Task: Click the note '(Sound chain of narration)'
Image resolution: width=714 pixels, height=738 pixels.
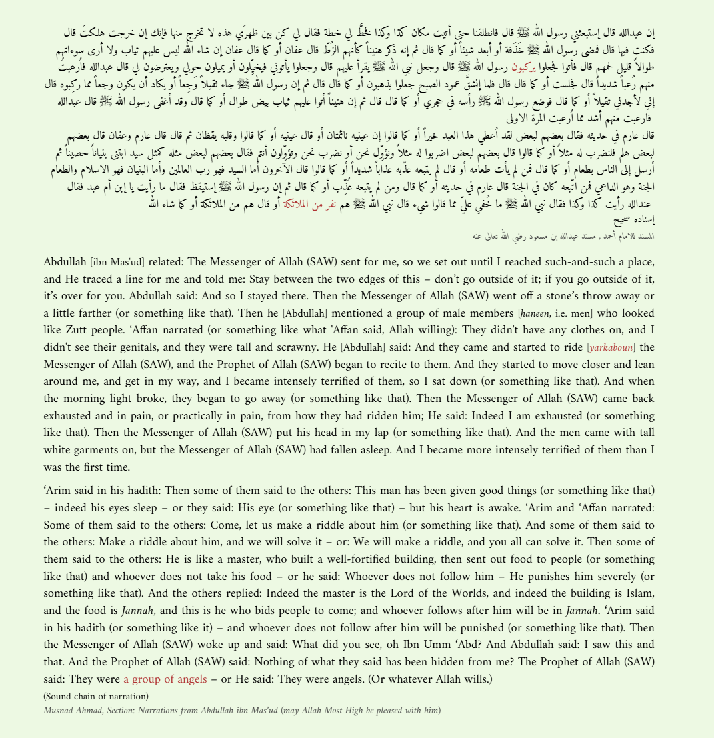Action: coord(96,697)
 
